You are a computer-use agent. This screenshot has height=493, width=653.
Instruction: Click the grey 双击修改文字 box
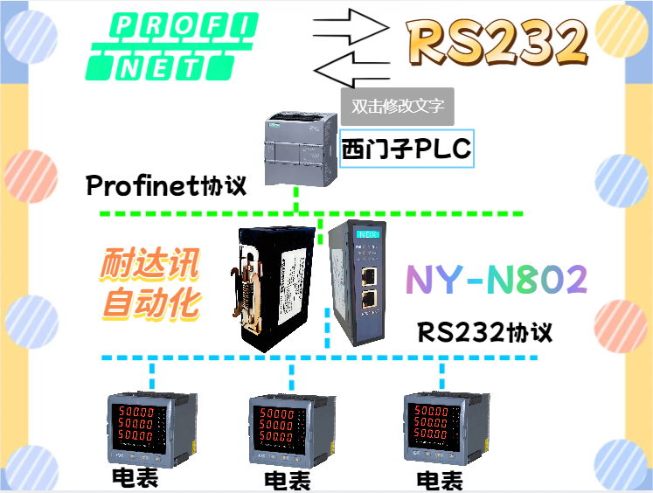tap(397, 107)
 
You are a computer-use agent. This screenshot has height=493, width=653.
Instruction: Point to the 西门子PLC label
tap(406, 149)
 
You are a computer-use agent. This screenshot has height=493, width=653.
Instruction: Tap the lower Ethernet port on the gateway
tap(368, 300)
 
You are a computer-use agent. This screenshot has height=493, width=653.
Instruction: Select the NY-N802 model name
tap(497, 280)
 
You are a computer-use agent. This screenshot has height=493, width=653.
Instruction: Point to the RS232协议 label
tap(484, 333)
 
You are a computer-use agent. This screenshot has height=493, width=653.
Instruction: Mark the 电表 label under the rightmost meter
tap(440, 480)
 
